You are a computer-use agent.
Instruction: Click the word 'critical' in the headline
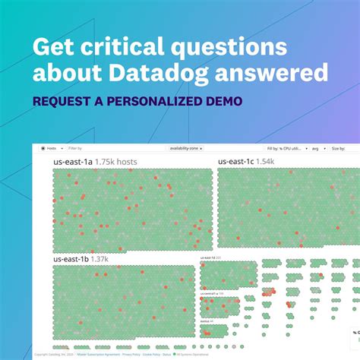[x=128, y=47]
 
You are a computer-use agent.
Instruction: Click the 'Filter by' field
[x=76, y=150]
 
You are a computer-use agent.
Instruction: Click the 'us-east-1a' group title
[x=73, y=162]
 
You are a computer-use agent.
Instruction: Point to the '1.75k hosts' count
[x=116, y=162]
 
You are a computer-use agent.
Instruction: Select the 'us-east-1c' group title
[x=235, y=162]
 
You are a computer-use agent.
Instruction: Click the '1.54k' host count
[x=266, y=162]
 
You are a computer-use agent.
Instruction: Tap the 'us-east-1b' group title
[x=71, y=259]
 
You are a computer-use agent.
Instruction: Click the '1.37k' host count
[x=99, y=259]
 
